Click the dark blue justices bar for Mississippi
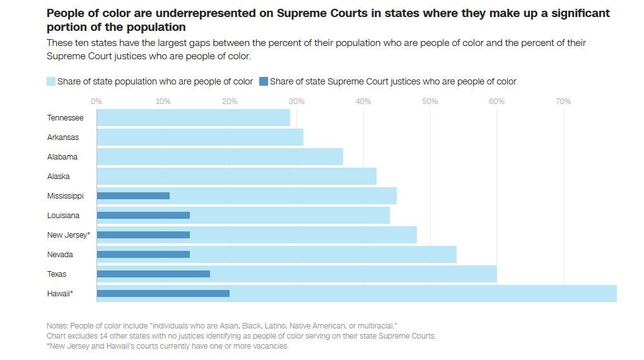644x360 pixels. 133,195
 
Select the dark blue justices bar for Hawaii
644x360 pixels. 163,293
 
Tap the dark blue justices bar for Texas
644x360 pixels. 153,274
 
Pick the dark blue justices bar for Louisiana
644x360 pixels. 143,215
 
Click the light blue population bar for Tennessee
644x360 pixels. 193,117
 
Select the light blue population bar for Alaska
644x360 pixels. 237,176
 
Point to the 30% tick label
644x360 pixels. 296,102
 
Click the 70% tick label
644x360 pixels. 563,102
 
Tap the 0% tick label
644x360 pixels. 97,102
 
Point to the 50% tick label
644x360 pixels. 430,102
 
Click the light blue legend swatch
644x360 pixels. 51,81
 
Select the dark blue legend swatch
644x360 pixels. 264,81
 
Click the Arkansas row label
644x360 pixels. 63,137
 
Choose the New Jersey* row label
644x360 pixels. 69,235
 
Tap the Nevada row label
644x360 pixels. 60,254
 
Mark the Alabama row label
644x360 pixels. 62,156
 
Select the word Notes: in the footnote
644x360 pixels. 57,326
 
